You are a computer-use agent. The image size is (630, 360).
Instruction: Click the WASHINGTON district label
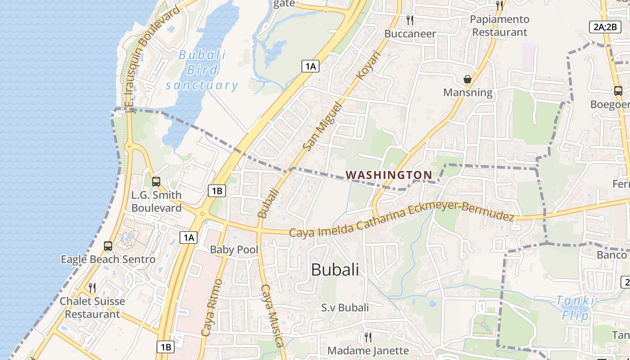[x=389, y=175]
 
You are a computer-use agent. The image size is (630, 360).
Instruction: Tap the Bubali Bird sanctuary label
[x=202, y=70]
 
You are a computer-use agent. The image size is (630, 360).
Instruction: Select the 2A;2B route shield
[x=605, y=27]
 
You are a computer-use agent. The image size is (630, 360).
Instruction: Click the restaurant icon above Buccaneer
[x=409, y=20]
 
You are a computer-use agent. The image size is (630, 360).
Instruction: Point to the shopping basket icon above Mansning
[x=468, y=80]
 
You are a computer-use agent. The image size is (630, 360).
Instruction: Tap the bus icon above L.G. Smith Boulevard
[x=156, y=182]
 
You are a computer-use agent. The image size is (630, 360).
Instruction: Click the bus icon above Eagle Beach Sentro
[x=108, y=246]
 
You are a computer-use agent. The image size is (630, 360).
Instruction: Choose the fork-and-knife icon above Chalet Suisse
[x=92, y=288]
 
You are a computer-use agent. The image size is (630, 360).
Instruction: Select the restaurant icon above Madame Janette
[x=368, y=337]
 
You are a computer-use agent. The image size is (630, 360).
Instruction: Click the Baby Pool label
[x=234, y=250]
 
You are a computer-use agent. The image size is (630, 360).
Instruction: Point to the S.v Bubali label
[x=345, y=308]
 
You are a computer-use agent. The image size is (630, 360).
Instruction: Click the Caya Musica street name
[x=273, y=315]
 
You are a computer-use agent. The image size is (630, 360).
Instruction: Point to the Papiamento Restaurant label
[x=499, y=26]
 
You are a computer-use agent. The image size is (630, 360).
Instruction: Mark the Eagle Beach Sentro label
[x=108, y=260]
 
